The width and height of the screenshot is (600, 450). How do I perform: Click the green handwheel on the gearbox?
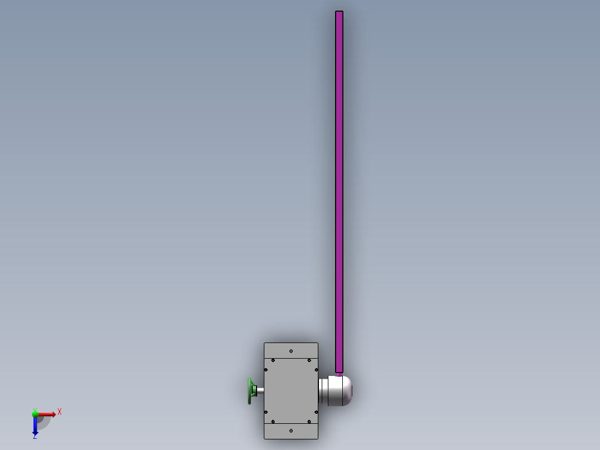[250, 391]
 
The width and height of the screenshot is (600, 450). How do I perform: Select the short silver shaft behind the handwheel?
[260, 391]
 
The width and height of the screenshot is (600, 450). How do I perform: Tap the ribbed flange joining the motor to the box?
[323, 391]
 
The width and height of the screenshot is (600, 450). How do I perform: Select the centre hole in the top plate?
[291, 351]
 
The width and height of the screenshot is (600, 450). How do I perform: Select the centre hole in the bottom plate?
[291, 431]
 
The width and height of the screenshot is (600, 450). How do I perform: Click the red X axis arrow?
[47, 414]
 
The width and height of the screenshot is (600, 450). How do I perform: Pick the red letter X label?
[60, 412]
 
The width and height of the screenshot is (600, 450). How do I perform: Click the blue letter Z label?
[35, 438]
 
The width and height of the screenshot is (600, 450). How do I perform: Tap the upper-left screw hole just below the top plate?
[273, 360]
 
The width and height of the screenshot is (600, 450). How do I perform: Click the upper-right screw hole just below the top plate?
[309, 360]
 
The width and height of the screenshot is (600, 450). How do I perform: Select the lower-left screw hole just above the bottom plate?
[273, 422]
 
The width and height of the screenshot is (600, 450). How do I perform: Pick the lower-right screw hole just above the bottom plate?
[309, 422]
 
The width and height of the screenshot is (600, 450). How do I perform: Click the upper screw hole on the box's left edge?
[266, 370]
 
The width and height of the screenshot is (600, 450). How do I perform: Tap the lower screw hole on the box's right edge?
[316, 412]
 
